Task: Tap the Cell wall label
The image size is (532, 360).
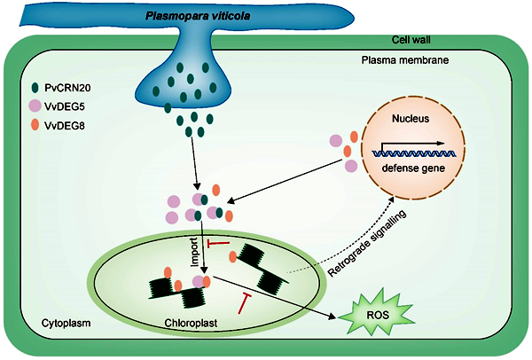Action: (x=414, y=41)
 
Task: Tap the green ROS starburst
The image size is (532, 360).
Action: (x=374, y=314)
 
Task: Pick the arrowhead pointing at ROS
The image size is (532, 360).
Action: (x=333, y=314)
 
